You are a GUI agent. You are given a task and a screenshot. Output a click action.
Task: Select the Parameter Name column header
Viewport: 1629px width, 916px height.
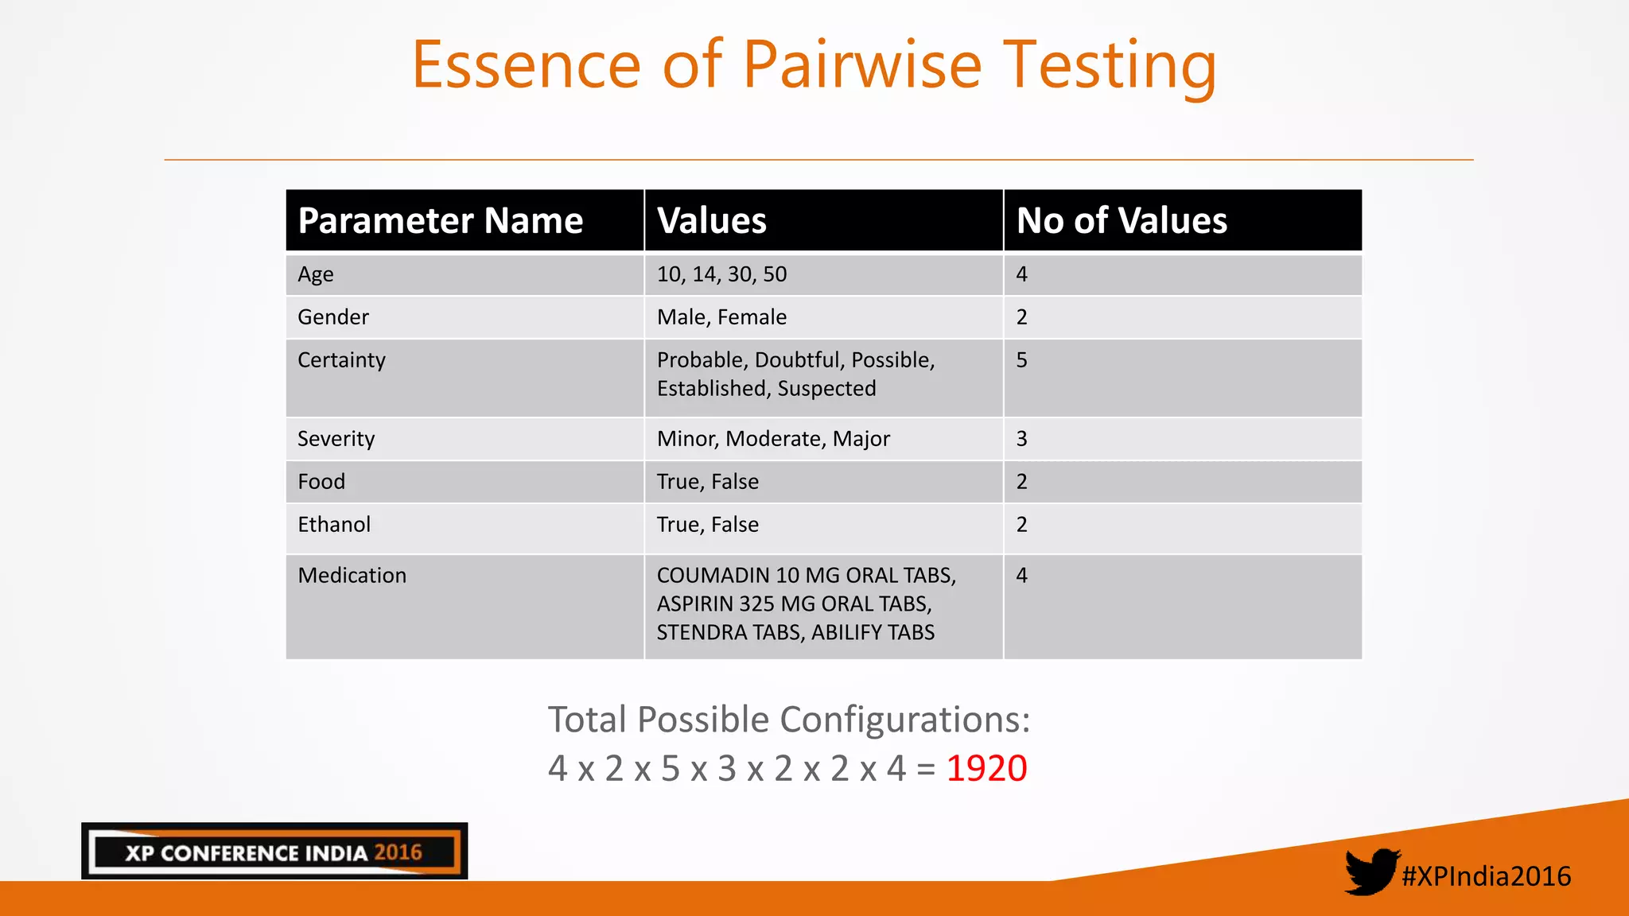[x=440, y=220]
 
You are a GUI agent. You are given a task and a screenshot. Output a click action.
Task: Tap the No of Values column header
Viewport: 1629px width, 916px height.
[x=1121, y=220]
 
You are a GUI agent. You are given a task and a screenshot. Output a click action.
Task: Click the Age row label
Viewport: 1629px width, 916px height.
[x=315, y=274]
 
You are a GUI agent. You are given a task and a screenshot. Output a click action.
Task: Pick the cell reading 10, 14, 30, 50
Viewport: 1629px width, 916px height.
[x=721, y=274]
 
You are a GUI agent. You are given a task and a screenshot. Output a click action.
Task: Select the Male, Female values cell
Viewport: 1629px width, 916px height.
[x=721, y=317]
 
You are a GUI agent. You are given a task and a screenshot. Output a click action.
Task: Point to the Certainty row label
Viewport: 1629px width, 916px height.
[x=341, y=360]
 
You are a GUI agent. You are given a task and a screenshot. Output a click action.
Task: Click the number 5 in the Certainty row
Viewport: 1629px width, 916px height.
[x=1021, y=360]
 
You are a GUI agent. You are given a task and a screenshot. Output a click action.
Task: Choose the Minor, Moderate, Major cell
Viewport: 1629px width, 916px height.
[x=773, y=439]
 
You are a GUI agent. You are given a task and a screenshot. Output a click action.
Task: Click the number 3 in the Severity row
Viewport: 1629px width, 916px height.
[x=1021, y=439]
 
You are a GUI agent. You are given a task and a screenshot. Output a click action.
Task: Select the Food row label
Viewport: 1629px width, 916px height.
[x=321, y=482]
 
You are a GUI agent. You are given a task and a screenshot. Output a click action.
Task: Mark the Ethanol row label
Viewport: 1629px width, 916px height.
[x=334, y=525]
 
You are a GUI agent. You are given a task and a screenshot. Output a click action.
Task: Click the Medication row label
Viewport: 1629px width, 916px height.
[x=352, y=576]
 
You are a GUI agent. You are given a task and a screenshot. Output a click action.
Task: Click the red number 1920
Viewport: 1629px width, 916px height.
[x=986, y=768]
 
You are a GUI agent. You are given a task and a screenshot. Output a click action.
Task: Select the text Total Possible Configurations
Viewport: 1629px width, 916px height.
[x=788, y=720]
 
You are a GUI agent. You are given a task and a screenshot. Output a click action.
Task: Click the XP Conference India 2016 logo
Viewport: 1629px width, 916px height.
[x=274, y=852]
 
